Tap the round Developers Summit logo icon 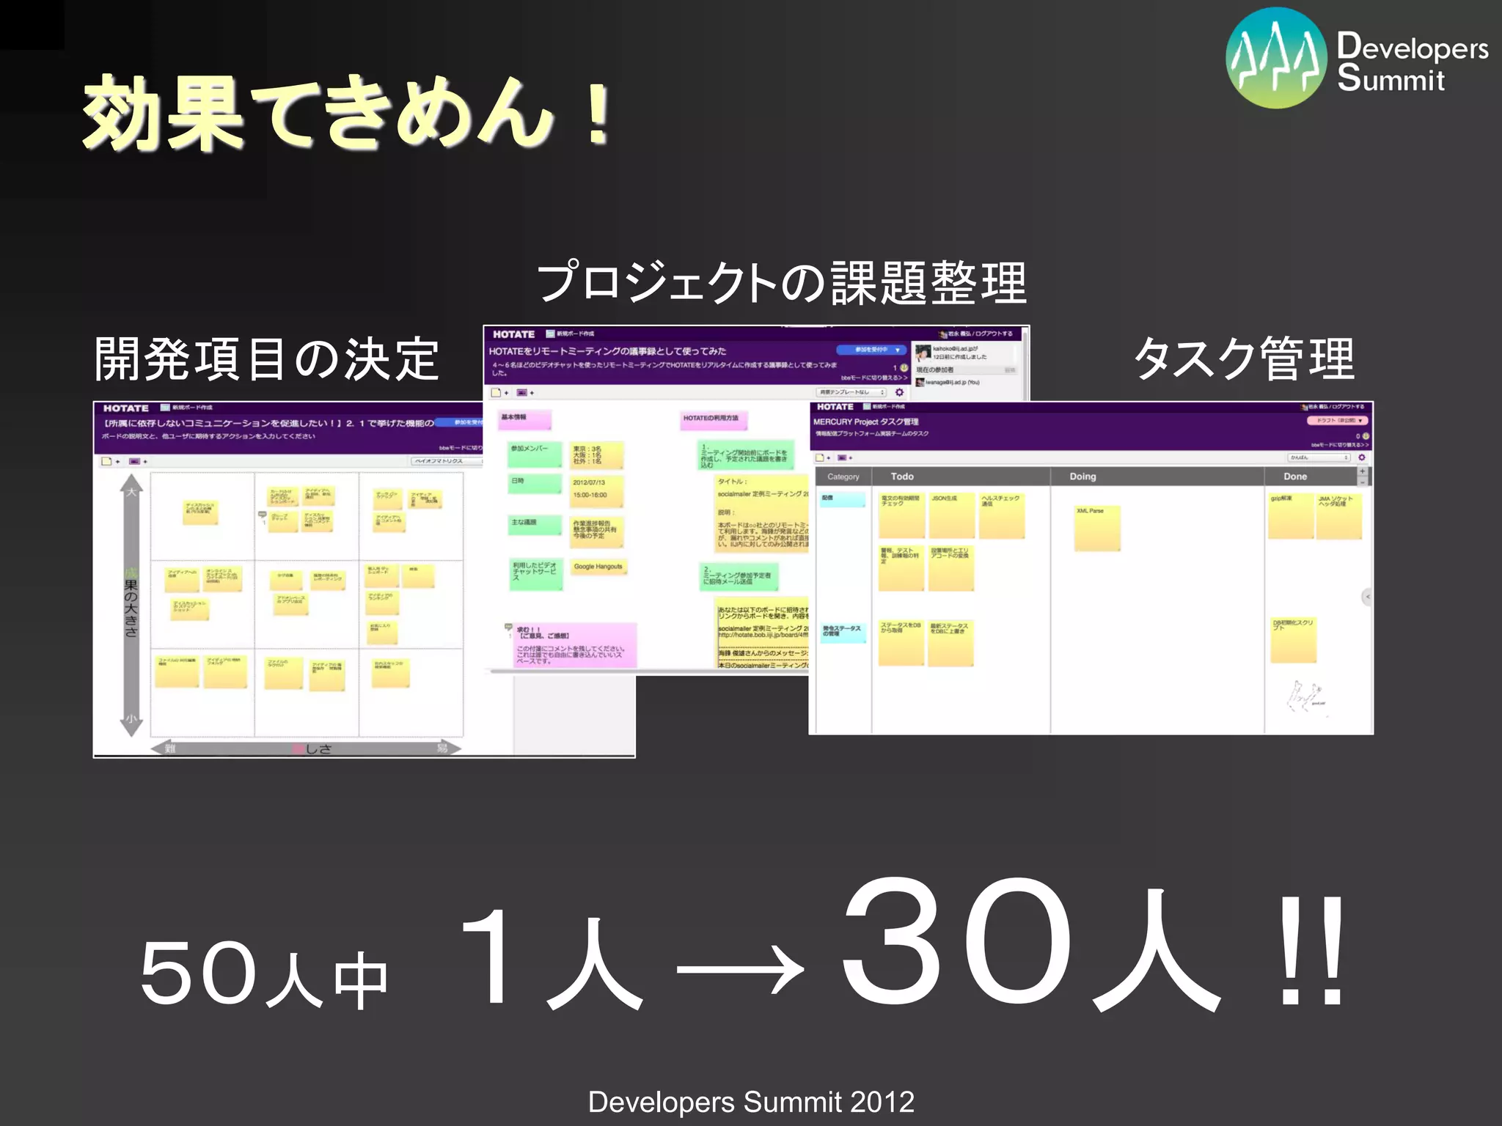pos(1276,59)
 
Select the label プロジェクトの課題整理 pos(782,283)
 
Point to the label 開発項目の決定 pos(267,359)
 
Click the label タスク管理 pos(1244,359)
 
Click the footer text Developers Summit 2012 pos(751,1102)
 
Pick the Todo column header pos(902,476)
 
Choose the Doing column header pos(1082,476)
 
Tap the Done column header pos(1295,476)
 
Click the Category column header pos(843,476)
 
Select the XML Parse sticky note pos(1096,526)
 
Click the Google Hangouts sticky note pos(598,573)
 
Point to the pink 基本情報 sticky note pos(524,419)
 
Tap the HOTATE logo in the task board pos(835,407)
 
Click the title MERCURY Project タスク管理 pos(865,422)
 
